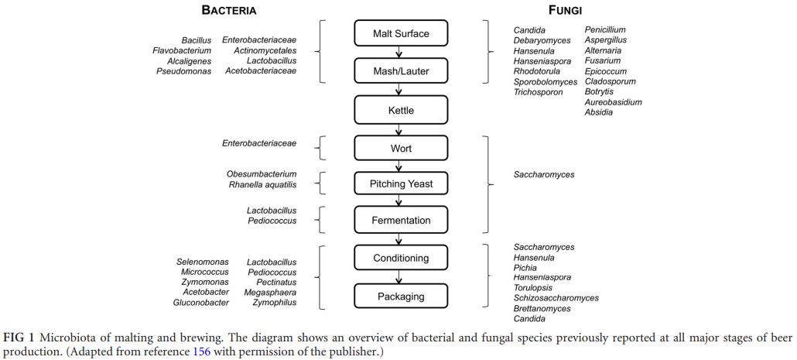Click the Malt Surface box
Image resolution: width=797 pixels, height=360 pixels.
click(x=400, y=33)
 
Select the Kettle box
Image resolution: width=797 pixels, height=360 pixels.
click(x=400, y=110)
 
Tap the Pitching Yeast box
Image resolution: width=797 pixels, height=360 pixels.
click(x=400, y=184)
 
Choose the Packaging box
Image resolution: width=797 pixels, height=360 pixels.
click(x=400, y=296)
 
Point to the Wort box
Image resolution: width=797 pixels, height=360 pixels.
click(x=400, y=148)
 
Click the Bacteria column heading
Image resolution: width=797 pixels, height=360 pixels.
click(x=229, y=11)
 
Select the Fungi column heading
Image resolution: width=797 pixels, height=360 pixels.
click(x=565, y=11)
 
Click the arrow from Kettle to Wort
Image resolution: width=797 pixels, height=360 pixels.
click(x=400, y=129)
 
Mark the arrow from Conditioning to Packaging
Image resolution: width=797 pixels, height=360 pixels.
click(x=400, y=277)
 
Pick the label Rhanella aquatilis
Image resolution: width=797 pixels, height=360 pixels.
click(x=262, y=185)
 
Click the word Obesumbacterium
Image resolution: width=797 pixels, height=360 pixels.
click(x=262, y=174)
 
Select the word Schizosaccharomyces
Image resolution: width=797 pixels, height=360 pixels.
click(x=556, y=298)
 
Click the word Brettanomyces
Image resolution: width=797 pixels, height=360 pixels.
click(x=542, y=308)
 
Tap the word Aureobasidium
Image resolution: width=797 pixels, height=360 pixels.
click(x=613, y=101)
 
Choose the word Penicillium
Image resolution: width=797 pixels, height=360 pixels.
click(x=605, y=30)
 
